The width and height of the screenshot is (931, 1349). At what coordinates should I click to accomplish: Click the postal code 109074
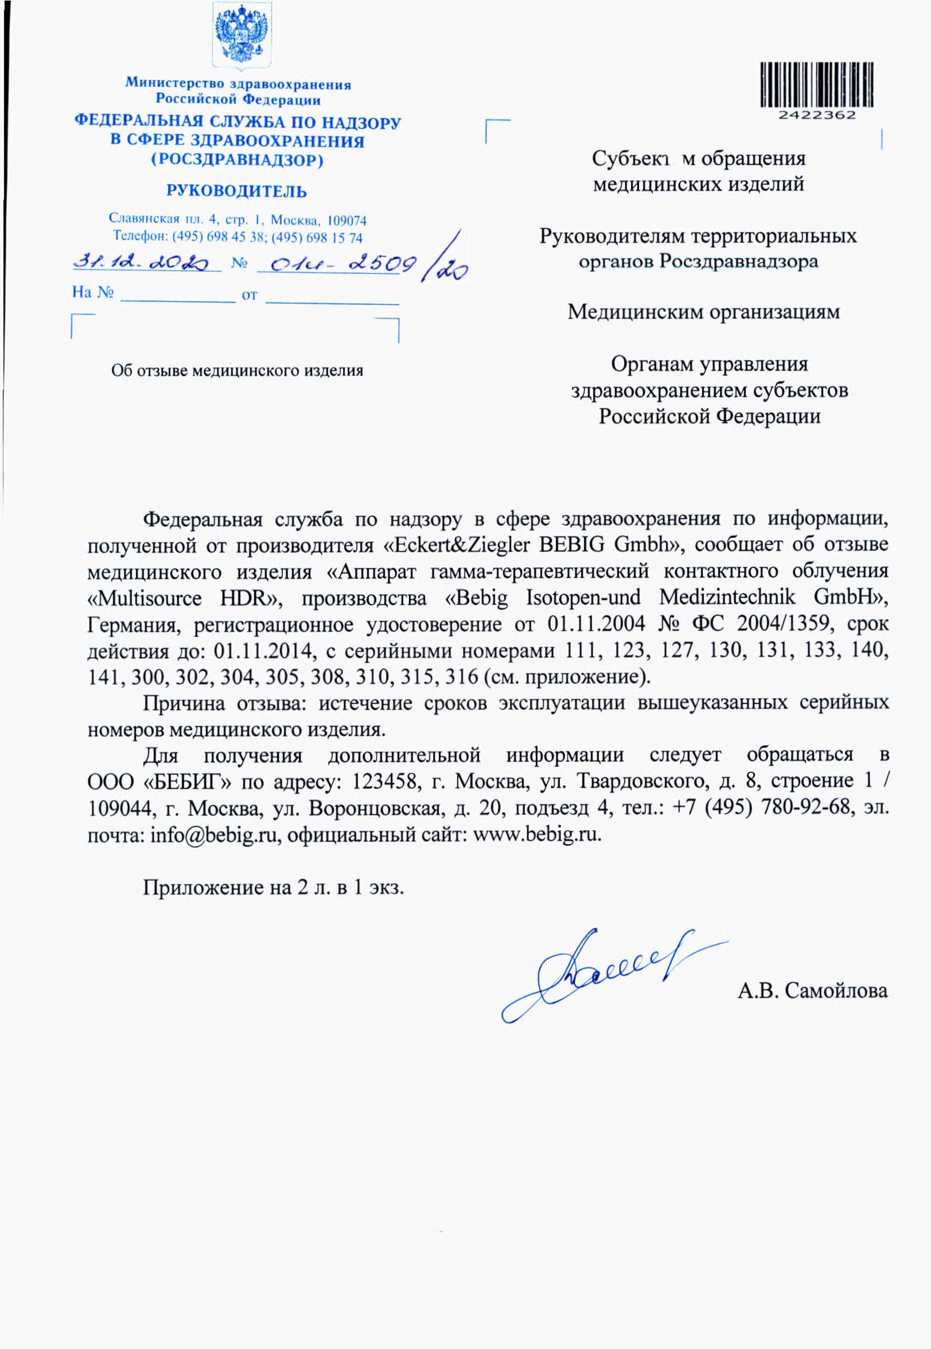(x=347, y=221)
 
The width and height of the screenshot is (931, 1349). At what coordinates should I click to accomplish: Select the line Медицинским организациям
(x=704, y=312)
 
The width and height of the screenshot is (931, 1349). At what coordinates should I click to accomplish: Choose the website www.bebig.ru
(x=537, y=835)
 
